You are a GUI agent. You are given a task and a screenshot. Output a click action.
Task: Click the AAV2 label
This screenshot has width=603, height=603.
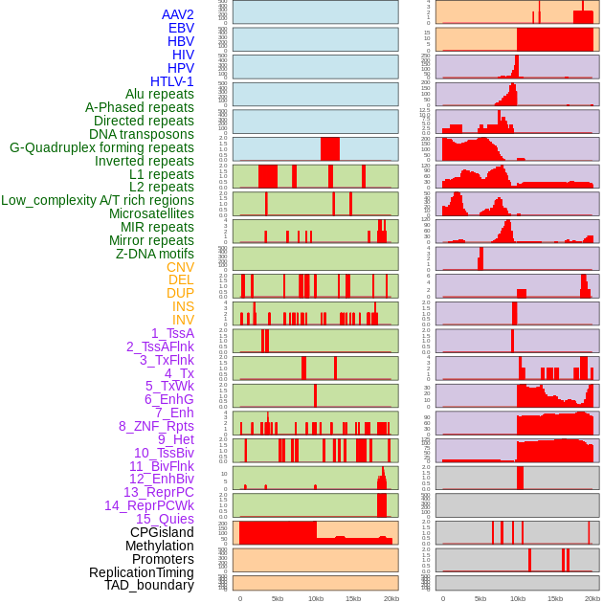click(178, 14)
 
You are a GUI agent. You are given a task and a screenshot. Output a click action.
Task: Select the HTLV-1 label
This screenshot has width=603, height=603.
click(172, 81)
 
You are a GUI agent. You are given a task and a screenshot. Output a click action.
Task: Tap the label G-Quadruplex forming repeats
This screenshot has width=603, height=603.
click(101, 147)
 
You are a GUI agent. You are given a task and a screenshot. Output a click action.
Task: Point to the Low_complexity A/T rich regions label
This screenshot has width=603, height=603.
click(98, 200)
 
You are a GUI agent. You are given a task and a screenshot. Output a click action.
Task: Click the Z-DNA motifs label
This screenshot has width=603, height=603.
click(155, 254)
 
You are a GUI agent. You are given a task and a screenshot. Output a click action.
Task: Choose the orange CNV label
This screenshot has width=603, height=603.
click(180, 267)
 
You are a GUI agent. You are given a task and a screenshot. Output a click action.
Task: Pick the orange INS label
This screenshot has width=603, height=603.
click(183, 306)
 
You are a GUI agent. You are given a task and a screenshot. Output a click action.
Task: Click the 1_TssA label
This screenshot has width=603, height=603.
click(172, 333)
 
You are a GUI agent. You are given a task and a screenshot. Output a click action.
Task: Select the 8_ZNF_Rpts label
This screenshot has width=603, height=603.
click(156, 426)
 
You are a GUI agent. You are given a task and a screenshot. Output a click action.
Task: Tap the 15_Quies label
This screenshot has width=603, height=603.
click(165, 519)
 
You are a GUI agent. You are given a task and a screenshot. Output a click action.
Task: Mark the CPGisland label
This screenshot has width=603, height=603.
click(162, 532)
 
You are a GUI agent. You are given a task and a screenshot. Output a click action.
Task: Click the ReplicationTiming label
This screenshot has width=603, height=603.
click(142, 572)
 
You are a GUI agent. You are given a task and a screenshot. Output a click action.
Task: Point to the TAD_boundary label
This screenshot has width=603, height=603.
click(149, 585)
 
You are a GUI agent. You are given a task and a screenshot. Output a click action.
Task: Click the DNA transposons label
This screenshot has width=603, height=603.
click(142, 134)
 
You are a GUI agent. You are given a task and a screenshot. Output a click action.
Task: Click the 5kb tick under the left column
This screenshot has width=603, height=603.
click(277, 598)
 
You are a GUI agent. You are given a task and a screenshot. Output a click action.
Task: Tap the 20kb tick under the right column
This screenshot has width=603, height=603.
click(592, 598)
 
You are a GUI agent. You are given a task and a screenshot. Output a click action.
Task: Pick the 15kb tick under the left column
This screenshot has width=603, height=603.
click(352, 598)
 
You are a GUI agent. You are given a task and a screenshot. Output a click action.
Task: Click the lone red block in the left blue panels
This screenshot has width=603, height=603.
click(330, 149)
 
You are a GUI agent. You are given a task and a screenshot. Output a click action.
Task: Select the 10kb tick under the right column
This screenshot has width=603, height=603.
click(517, 598)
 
